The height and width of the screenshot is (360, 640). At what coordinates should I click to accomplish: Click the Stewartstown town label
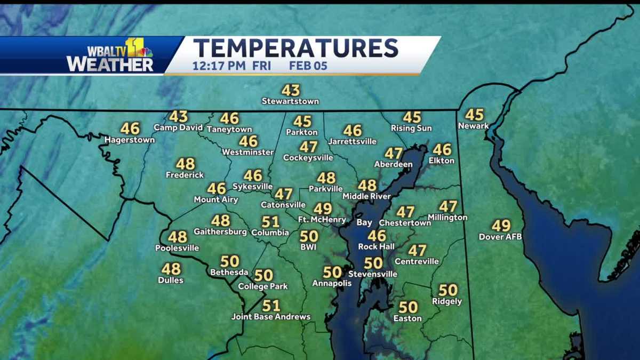click(x=290, y=101)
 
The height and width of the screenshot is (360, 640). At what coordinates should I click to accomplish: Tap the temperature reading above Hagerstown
click(x=130, y=129)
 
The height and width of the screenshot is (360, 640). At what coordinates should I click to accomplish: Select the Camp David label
click(x=178, y=128)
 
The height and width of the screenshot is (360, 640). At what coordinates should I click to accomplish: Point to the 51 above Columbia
click(x=270, y=222)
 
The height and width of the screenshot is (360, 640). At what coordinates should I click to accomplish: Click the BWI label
click(x=308, y=247)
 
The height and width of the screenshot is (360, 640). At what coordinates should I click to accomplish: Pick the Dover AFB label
click(x=500, y=237)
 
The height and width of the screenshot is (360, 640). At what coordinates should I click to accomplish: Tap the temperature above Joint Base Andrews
click(x=271, y=306)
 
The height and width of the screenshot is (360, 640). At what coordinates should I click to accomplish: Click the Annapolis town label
click(x=332, y=283)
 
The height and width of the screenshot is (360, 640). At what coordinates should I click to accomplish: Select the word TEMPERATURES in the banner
click(x=295, y=48)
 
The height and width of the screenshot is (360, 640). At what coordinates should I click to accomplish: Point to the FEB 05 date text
click(x=308, y=66)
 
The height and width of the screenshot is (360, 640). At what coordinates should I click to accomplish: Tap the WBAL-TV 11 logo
click(x=110, y=55)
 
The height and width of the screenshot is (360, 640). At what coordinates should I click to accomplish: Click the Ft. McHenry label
click(x=322, y=220)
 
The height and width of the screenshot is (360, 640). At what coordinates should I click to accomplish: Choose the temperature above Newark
click(x=474, y=115)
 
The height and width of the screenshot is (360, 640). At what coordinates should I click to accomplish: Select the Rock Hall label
click(x=376, y=246)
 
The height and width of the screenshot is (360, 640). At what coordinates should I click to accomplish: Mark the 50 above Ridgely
click(x=448, y=290)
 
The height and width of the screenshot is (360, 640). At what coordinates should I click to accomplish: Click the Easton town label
click(x=407, y=318)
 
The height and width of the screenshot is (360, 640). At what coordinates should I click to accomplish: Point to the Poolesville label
click(x=177, y=248)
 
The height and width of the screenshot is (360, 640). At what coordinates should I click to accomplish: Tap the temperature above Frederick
click(x=185, y=164)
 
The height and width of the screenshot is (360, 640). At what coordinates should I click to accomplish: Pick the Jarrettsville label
click(x=352, y=141)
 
